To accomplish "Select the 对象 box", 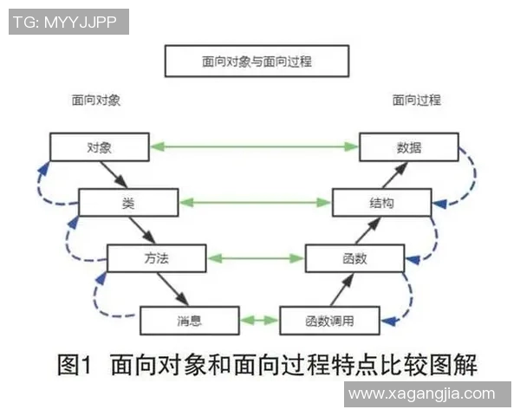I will pyautogui.click(x=100, y=147).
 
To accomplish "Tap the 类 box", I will pyautogui.click(x=128, y=203).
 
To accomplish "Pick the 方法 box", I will pyautogui.click(x=156, y=258).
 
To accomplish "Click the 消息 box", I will pyautogui.click(x=189, y=321).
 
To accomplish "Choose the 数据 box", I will pyautogui.click(x=409, y=147).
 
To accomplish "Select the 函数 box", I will pyautogui.click(x=354, y=258).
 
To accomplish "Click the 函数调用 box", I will pyautogui.click(x=329, y=321).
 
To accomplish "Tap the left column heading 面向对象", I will pyautogui.click(x=95, y=101).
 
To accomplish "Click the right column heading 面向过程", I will pyautogui.click(x=416, y=101).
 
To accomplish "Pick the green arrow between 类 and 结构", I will pyautogui.click(x=255, y=203).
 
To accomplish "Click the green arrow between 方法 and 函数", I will pyautogui.click(x=255, y=258).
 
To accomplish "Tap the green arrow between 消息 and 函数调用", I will pyautogui.click(x=259, y=321).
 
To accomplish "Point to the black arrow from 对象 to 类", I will pyautogui.click(x=113, y=175).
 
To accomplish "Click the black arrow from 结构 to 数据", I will pyautogui.click(x=394, y=175).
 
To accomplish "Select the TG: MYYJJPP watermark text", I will pyautogui.click(x=66, y=23).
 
